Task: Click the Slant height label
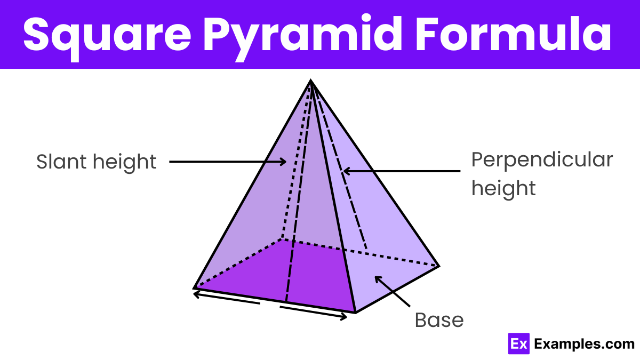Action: point(97,162)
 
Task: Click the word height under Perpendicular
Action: point(503,188)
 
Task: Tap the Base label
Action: point(439,320)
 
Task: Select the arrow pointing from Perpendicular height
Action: point(401,171)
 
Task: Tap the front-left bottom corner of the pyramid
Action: point(194,288)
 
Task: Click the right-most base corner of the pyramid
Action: point(438,266)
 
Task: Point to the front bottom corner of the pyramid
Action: point(355,313)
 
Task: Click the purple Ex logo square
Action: point(517,344)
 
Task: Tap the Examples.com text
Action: point(584,344)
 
